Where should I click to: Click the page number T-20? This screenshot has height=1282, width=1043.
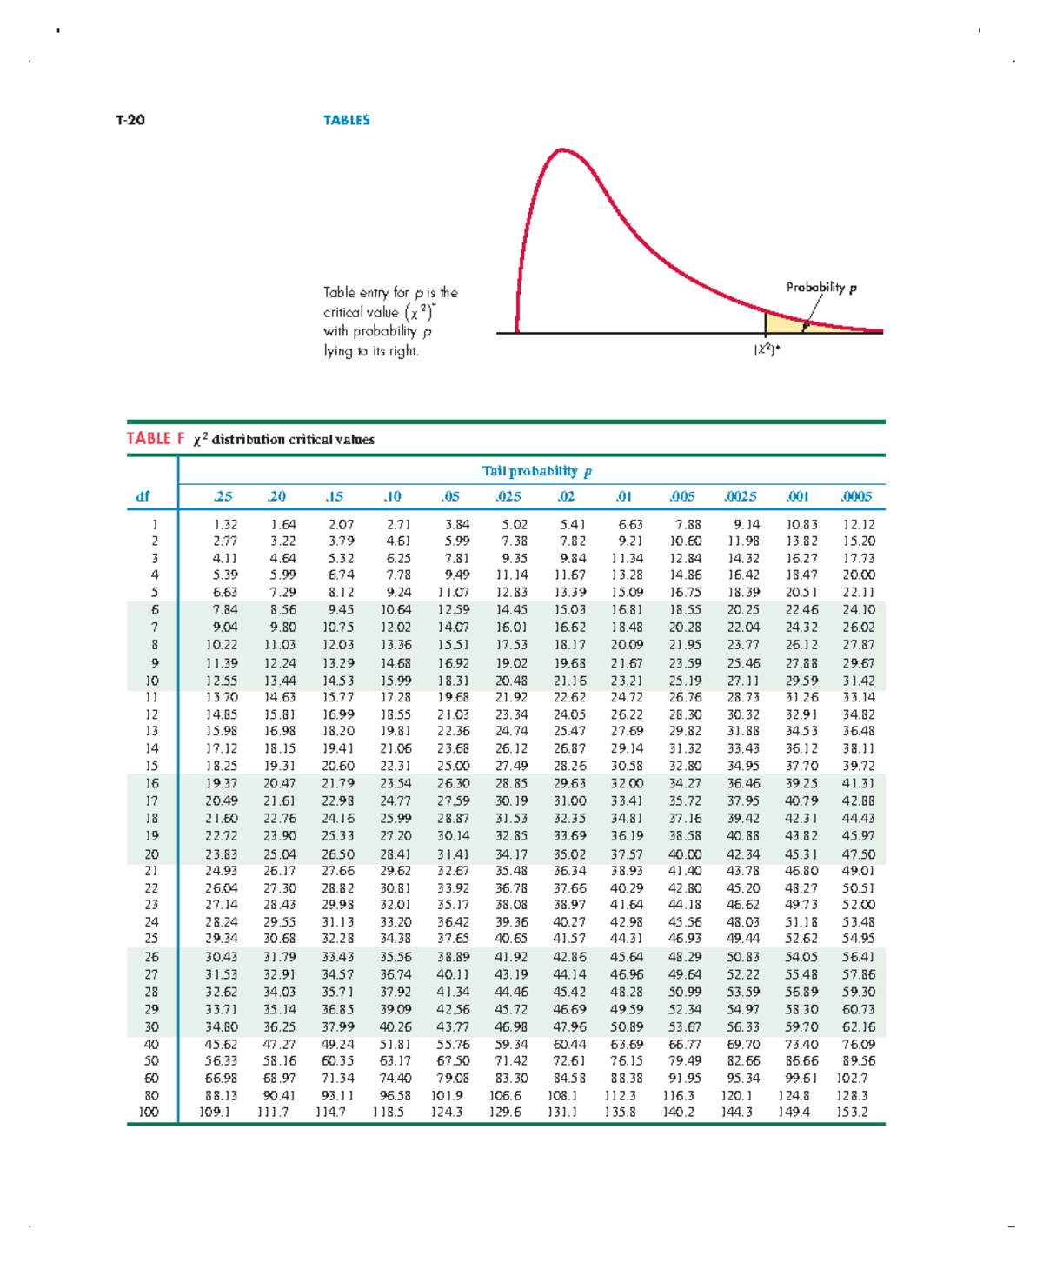point(130,120)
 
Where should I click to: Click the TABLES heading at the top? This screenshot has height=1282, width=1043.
point(346,120)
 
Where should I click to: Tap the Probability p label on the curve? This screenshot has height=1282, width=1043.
point(820,288)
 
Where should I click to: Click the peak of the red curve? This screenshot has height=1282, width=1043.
point(563,150)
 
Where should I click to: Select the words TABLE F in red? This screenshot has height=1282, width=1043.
point(156,439)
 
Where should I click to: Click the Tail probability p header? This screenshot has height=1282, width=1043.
point(536,471)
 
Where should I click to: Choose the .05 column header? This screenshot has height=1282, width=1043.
point(449,496)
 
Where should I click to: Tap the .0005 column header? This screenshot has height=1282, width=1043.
point(856,496)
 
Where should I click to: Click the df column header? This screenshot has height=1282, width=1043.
point(143,496)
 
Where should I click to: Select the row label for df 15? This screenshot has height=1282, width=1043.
point(152,766)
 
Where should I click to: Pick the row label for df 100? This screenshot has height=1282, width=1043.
point(149,1112)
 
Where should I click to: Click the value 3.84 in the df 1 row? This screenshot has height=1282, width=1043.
point(457,524)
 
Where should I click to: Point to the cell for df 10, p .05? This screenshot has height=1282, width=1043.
point(453,681)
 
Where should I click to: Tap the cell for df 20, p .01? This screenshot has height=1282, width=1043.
point(626,854)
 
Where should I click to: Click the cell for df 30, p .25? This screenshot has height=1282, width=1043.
point(221,1026)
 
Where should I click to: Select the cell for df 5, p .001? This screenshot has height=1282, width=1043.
point(801,592)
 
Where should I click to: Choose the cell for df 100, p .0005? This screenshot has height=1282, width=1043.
point(852,1112)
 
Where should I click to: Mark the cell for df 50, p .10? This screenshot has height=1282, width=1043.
point(395,1060)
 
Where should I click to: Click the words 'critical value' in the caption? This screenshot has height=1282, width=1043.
point(361,312)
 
